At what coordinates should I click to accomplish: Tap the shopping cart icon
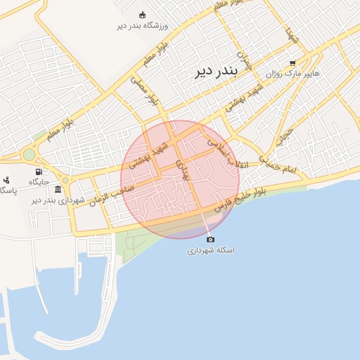click(292, 63)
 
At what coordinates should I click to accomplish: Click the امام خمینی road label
click(279, 165)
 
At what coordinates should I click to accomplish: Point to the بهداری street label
click(184, 170)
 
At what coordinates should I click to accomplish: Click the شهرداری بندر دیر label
click(58, 200)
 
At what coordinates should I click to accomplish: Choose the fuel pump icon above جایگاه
click(38, 172)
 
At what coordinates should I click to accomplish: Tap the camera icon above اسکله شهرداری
click(210, 240)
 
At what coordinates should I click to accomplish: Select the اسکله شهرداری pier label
click(211, 250)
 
